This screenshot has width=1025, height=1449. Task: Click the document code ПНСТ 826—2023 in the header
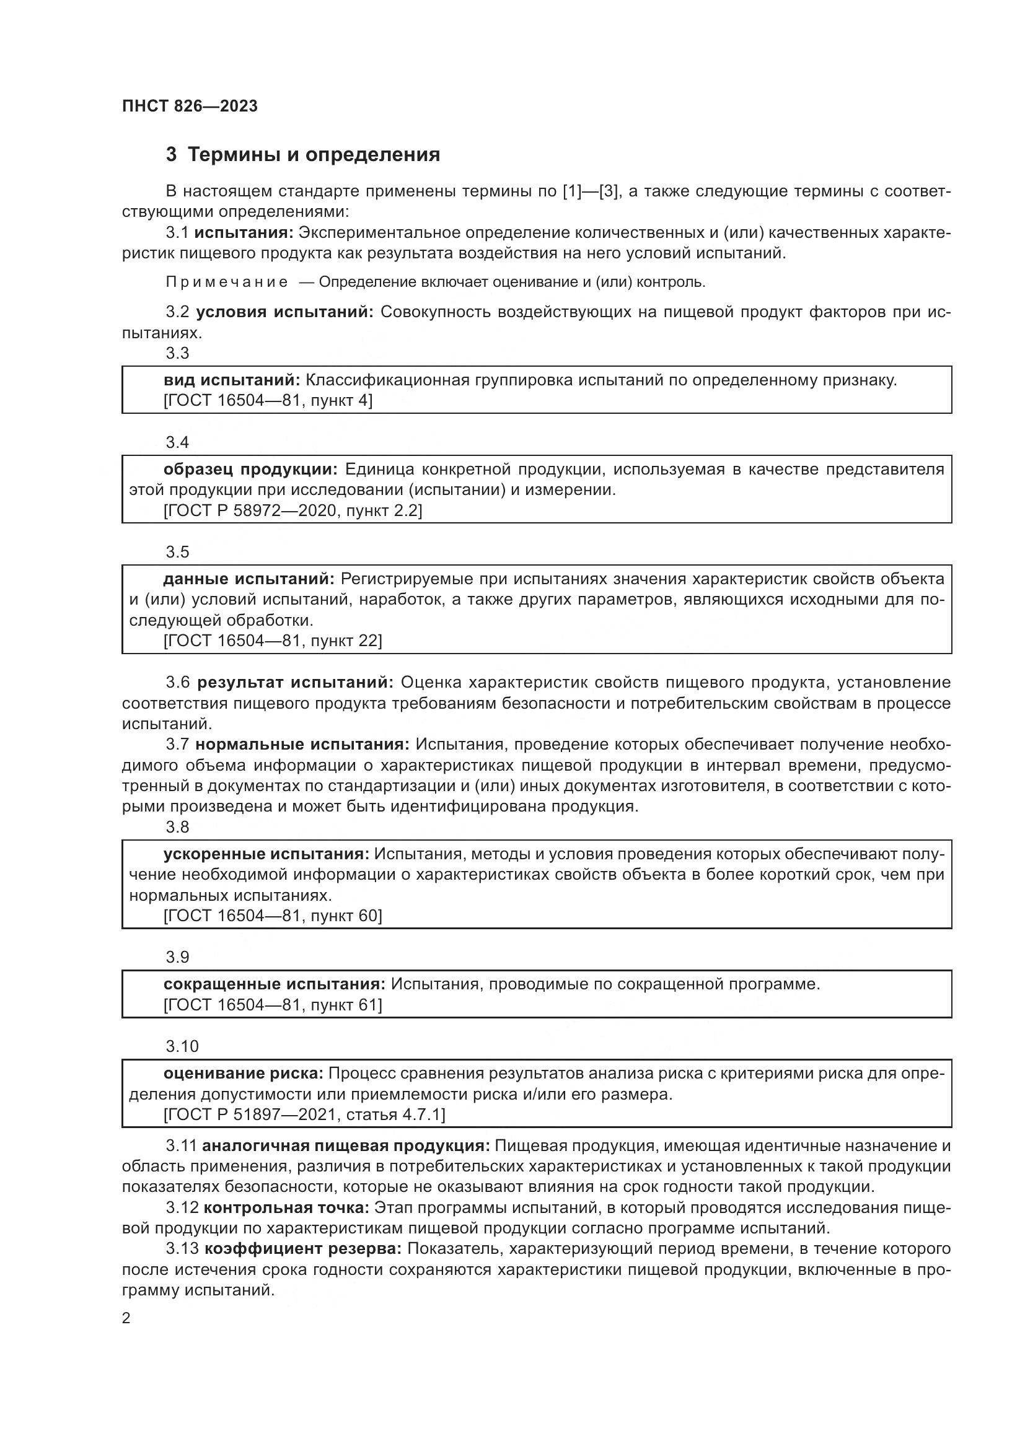tap(190, 106)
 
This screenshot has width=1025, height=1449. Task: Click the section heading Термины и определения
tap(314, 155)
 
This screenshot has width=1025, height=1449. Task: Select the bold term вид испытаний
tap(232, 380)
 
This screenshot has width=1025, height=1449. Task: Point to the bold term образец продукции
tap(250, 469)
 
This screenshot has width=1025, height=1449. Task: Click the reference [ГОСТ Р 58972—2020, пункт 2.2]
tap(293, 510)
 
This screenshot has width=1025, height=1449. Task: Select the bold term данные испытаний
tap(249, 579)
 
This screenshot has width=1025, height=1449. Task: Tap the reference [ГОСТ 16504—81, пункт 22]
tap(272, 641)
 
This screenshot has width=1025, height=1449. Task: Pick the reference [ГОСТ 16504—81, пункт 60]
tap(272, 915)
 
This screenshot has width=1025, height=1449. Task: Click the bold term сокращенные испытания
tap(274, 984)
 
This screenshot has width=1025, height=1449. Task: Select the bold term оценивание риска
tap(243, 1073)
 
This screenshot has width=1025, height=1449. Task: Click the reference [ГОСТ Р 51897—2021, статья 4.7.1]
tap(304, 1114)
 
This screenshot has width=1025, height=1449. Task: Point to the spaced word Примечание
tap(227, 282)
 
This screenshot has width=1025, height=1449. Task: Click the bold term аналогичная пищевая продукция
tap(346, 1145)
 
